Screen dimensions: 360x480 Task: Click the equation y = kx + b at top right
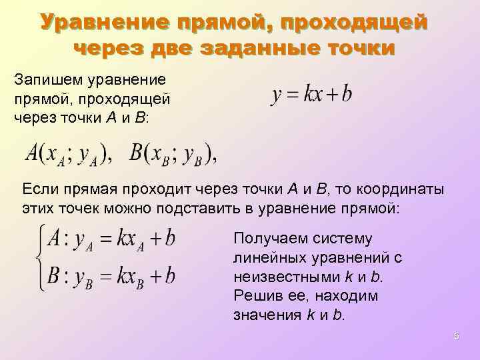pos(311,95)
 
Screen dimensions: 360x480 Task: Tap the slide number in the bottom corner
pos(456,337)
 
